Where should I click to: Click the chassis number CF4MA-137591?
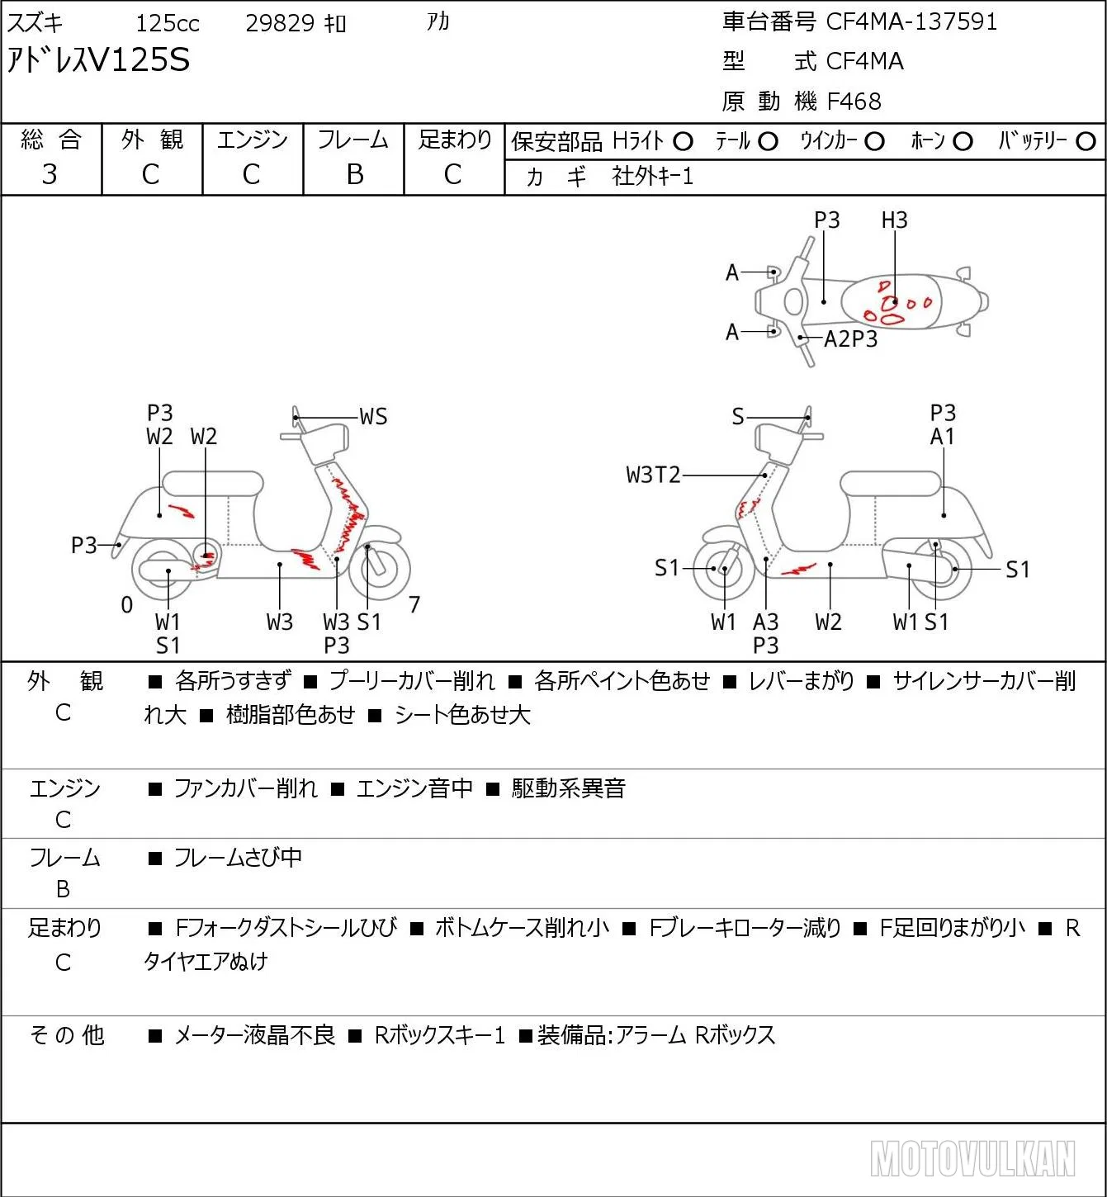(x=911, y=21)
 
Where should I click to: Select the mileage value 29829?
(x=280, y=23)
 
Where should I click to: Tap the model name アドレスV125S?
(x=98, y=59)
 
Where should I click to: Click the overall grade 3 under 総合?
(x=50, y=174)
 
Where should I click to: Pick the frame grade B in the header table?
(x=354, y=174)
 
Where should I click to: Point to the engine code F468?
(x=854, y=102)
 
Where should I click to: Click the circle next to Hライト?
(x=683, y=142)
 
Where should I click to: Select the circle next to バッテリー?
(x=1086, y=142)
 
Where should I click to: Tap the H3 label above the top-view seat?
(x=894, y=220)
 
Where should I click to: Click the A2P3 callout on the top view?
(x=850, y=338)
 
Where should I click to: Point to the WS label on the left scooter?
(x=373, y=417)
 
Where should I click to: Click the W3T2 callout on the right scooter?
(x=653, y=475)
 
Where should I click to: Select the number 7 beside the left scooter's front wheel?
(x=414, y=604)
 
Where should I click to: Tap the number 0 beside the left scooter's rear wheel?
(x=126, y=604)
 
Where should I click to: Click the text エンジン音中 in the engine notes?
(x=414, y=788)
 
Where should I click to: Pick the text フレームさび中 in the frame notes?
(x=238, y=857)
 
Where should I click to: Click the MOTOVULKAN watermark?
(x=972, y=1159)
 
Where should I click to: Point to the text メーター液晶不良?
(x=254, y=1035)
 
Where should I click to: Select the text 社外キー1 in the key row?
(x=652, y=177)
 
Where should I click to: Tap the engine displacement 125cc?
(x=167, y=23)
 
